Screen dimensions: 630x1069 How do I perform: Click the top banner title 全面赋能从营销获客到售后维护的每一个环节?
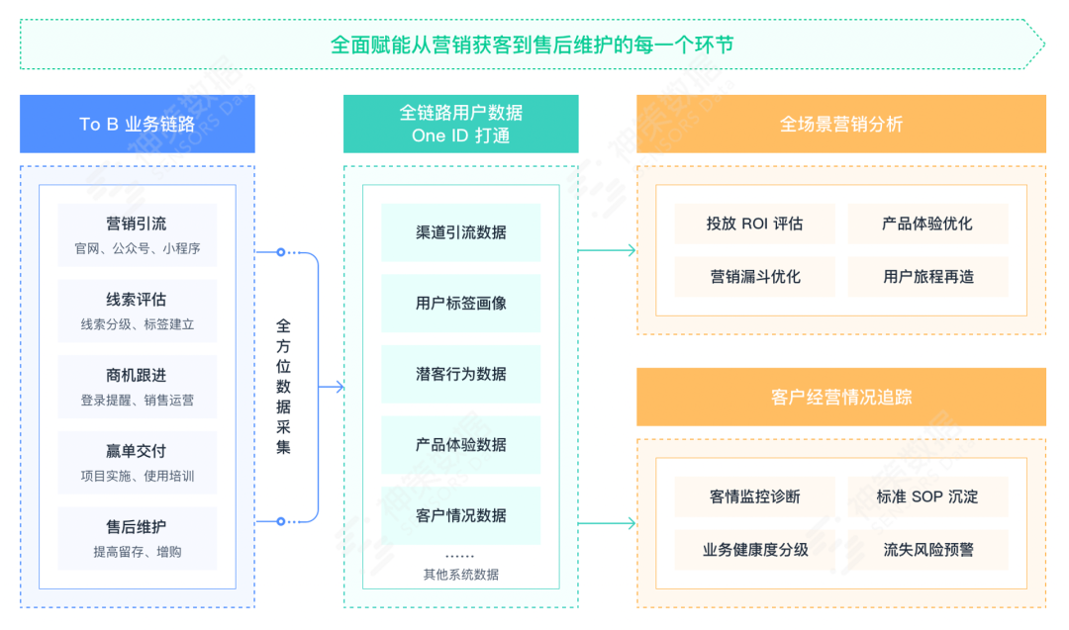532,45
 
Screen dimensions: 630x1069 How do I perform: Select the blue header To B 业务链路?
137,124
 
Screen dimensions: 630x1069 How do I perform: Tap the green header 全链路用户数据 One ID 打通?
460,124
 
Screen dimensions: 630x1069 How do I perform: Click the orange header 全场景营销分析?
840,124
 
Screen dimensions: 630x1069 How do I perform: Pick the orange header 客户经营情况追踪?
840,397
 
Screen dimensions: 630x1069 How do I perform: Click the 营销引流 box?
137,234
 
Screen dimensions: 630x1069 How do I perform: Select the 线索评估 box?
137,311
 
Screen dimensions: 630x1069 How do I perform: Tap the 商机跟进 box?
137,387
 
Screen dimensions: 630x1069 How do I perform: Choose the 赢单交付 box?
137,462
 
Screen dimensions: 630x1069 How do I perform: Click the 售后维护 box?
137,538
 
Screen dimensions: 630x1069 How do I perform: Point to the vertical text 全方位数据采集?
283,386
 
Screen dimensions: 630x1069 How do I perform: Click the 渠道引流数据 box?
460,232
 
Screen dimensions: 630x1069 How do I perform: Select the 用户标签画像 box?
460,303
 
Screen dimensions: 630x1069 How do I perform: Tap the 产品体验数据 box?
460,444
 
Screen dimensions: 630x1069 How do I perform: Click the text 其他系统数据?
460,575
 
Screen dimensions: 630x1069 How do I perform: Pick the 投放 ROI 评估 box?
754,224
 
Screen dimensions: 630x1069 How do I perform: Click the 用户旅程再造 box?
927,277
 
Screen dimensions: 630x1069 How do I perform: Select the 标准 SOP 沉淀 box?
927,496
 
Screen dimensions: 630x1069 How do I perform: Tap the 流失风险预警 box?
927,549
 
